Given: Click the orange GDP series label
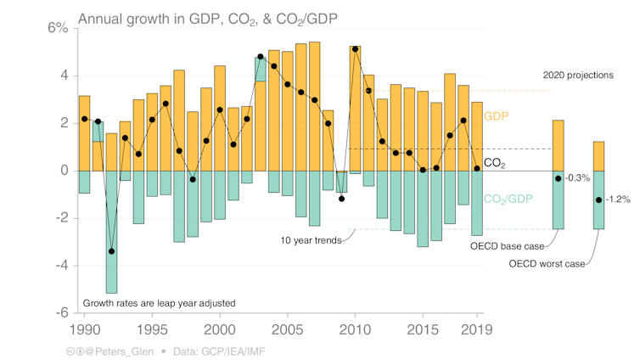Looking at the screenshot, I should pyautogui.click(x=495, y=115).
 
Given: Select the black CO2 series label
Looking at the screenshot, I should pyautogui.click(x=496, y=162).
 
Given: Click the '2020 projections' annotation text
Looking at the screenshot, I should pyautogui.click(x=577, y=76).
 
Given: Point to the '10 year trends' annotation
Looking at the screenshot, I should pyautogui.click(x=311, y=240).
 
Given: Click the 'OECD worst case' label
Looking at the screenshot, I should pyautogui.click(x=547, y=264).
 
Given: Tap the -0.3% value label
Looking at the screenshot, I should pyautogui.click(x=579, y=178).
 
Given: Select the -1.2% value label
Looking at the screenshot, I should pyautogui.click(x=619, y=200).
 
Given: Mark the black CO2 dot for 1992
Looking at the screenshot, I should pyautogui.click(x=111, y=251).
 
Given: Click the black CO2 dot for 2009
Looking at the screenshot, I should pyautogui.click(x=341, y=199).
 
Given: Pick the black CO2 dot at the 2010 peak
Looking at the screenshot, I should pyautogui.click(x=355, y=49).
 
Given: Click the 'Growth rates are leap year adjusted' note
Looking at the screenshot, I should pyautogui.click(x=158, y=303).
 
